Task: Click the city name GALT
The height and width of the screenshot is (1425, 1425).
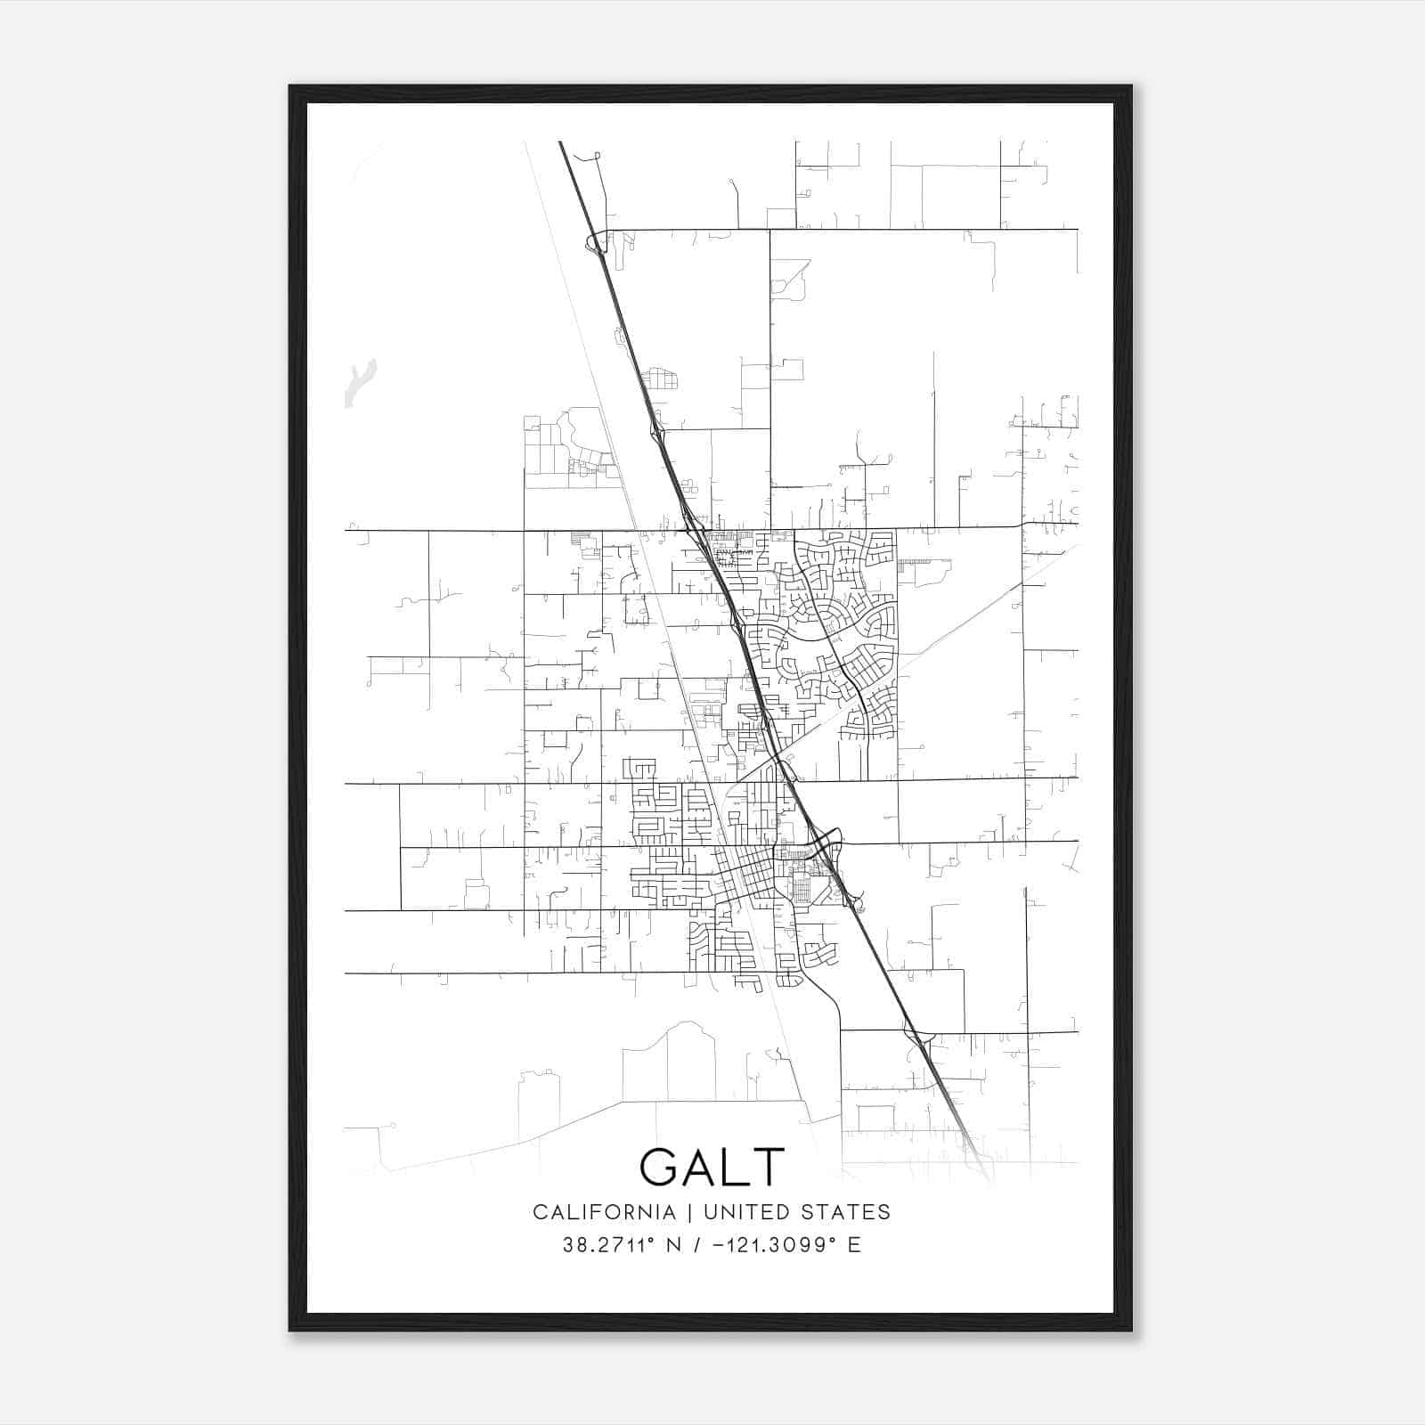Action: [x=712, y=1166]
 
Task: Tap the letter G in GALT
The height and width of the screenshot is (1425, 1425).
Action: [x=659, y=1166]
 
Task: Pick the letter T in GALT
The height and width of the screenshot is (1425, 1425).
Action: [x=767, y=1166]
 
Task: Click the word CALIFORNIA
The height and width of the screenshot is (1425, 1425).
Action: [x=604, y=1212]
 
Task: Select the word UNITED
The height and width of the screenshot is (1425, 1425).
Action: [x=746, y=1212]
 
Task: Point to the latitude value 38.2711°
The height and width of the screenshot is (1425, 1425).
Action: [x=607, y=1245]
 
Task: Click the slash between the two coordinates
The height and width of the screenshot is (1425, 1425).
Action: [x=696, y=1245]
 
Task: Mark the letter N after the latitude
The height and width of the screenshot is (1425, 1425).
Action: [x=673, y=1245]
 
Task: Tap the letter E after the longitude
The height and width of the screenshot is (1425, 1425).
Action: [x=854, y=1245]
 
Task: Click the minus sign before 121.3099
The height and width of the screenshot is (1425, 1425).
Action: [x=719, y=1245]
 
